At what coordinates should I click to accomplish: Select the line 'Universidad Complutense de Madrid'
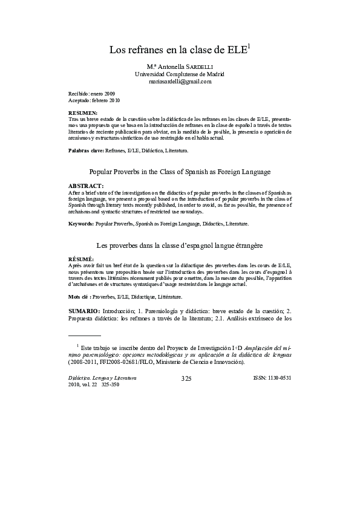179,73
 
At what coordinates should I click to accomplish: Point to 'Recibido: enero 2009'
91,94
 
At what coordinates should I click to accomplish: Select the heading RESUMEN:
83,114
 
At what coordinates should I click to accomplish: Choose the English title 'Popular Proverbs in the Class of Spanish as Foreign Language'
180,172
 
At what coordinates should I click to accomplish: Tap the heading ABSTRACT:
85,185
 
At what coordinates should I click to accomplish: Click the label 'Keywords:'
81,224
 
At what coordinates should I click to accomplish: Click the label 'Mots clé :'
80,297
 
